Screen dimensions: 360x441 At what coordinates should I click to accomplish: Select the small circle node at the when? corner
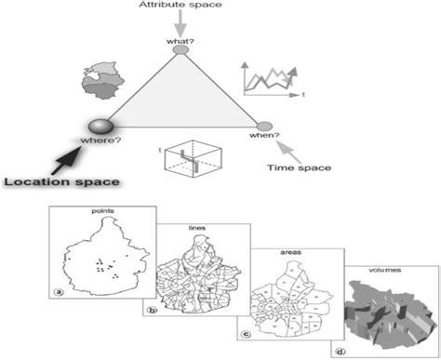click(264, 126)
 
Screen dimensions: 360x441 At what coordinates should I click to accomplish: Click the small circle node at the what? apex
click(180, 51)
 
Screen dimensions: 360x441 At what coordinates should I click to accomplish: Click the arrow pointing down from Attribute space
click(180, 23)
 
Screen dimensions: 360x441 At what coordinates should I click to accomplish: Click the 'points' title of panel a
click(102, 212)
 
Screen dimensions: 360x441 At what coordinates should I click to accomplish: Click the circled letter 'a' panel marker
click(58, 290)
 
